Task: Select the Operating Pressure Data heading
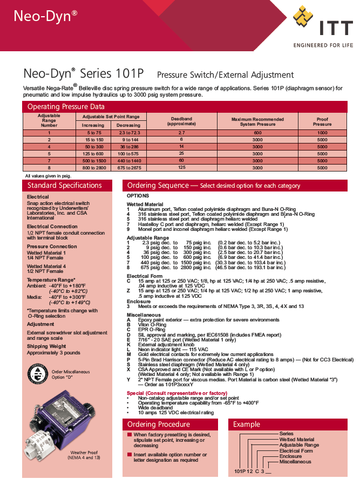66,107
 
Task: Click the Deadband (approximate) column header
181,121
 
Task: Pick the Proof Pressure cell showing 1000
322,133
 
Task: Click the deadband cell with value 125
181,168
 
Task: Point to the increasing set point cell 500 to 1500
95,161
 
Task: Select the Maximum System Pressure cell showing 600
257,133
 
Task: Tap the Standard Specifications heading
64,186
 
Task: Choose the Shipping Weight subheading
46,346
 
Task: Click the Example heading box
247,424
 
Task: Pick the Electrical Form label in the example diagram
296,451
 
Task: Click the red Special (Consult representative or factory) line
176,393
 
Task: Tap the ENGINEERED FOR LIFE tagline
323,45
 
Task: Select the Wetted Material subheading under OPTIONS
145,204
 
